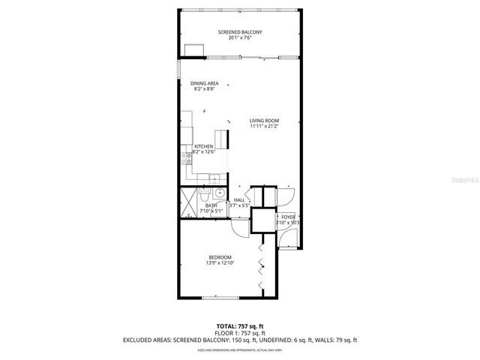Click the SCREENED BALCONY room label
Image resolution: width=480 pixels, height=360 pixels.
pyautogui.click(x=240, y=31)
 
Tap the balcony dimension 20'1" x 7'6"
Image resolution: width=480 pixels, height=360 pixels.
pyautogui.click(x=240, y=37)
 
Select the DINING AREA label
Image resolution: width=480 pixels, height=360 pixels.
pyautogui.click(x=204, y=83)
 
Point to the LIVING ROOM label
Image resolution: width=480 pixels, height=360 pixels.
pyautogui.click(x=265, y=121)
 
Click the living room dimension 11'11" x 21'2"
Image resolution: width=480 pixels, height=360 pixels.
pyautogui.click(x=265, y=127)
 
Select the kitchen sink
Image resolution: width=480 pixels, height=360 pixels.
pyautogui.click(x=213, y=178)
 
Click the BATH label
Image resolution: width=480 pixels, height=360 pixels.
pyautogui.click(x=211, y=205)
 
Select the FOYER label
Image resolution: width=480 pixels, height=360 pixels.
pyautogui.click(x=288, y=217)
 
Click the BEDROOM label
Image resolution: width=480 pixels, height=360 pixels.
pyautogui.click(x=220, y=257)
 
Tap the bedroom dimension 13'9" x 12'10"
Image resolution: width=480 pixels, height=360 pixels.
pyautogui.click(x=220, y=263)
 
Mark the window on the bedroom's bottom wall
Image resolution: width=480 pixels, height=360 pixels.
pyautogui.click(x=220, y=298)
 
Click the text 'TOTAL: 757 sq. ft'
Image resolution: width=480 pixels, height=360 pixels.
pyautogui.click(x=240, y=325)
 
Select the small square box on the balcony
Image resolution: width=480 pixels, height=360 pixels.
pyautogui.click(x=194, y=50)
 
